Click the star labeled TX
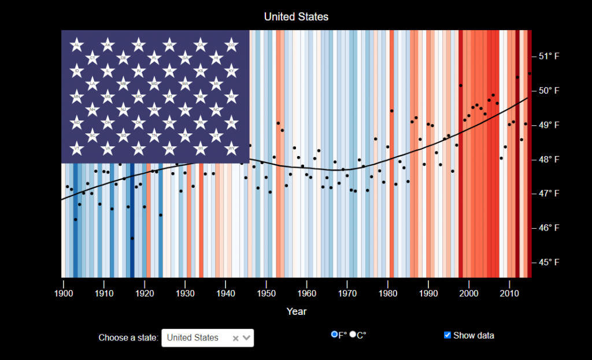click(186, 136)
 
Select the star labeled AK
click(108, 45)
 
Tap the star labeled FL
click(154, 58)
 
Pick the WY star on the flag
click(232, 149)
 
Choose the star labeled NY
click(186, 109)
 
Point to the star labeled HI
click(216, 58)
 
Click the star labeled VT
click(76, 149)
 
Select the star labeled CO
click(232, 45)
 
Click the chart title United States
click(296, 17)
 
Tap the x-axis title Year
click(296, 311)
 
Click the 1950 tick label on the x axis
click(266, 294)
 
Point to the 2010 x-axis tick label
click(509, 294)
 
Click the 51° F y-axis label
click(549, 56)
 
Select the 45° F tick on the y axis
click(549, 262)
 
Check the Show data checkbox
click(447, 335)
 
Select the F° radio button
click(334, 335)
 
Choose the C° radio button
click(353, 335)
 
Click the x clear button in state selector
click(235, 338)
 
